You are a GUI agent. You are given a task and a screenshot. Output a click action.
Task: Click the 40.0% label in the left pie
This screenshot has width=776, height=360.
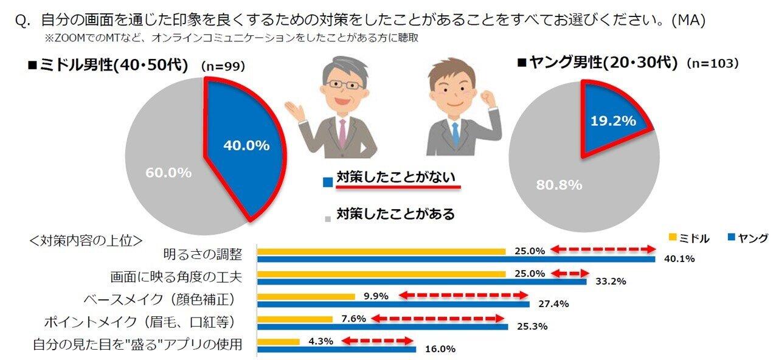click(x=246, y=145)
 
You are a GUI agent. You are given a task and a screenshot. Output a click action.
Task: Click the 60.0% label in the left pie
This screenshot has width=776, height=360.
click(x=168, y=173)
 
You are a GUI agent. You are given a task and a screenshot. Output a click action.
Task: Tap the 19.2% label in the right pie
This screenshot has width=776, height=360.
click(x=613, y=121)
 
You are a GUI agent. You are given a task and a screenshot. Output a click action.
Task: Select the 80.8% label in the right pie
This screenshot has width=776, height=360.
click(x=559, y=185)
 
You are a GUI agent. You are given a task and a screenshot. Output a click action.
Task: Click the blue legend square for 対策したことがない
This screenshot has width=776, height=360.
click(x=328, y=181)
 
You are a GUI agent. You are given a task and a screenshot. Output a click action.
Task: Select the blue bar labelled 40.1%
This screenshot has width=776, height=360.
click(x=456, y=259)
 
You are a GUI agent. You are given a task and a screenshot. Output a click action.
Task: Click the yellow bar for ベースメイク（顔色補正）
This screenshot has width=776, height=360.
click(x=306, y=296)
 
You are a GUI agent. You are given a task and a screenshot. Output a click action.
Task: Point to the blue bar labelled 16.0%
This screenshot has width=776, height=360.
click(x=336, y=349)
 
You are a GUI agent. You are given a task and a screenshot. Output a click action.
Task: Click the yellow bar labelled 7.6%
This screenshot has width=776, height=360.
click(x=295, y=319)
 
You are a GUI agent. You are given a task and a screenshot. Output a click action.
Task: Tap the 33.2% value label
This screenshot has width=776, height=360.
click(x=609, y=282)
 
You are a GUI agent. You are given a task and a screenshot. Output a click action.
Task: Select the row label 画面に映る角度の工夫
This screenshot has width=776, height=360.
click(x=176, y=277)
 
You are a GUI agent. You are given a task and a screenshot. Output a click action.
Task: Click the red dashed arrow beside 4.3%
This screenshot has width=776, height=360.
click(x=377, y=341)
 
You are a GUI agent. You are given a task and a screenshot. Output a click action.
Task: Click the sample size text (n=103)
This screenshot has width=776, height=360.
click(x=712, y=63)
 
